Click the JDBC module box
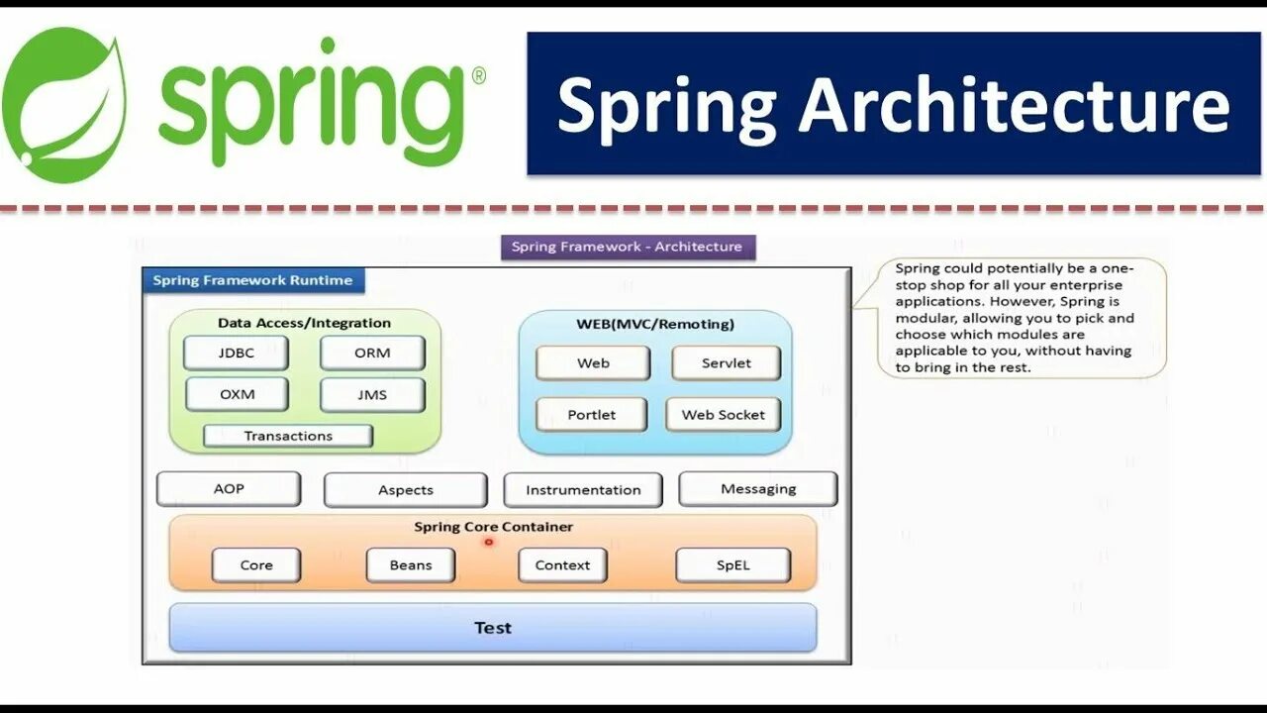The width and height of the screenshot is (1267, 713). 236,353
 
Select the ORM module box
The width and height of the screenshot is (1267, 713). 372,353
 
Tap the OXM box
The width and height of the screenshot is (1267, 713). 237,394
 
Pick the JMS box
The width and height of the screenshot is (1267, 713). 372,394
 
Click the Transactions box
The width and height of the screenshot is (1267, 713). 288,436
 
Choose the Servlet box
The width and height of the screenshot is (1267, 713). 726,363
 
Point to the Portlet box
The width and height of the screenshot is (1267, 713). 592,415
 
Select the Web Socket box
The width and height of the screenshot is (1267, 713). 723,415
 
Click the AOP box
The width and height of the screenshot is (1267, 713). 229,489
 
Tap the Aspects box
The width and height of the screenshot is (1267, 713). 406,490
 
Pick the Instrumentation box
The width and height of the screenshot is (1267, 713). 583,490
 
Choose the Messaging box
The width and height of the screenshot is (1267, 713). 758,489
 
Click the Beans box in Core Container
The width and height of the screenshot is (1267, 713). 411,565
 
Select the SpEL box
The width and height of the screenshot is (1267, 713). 732,565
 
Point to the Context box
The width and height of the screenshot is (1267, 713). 562,565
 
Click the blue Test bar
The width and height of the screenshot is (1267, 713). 493,628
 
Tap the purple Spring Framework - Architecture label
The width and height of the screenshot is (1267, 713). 628,247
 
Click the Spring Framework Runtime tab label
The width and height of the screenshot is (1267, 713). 253,280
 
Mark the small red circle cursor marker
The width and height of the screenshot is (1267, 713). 489,542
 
